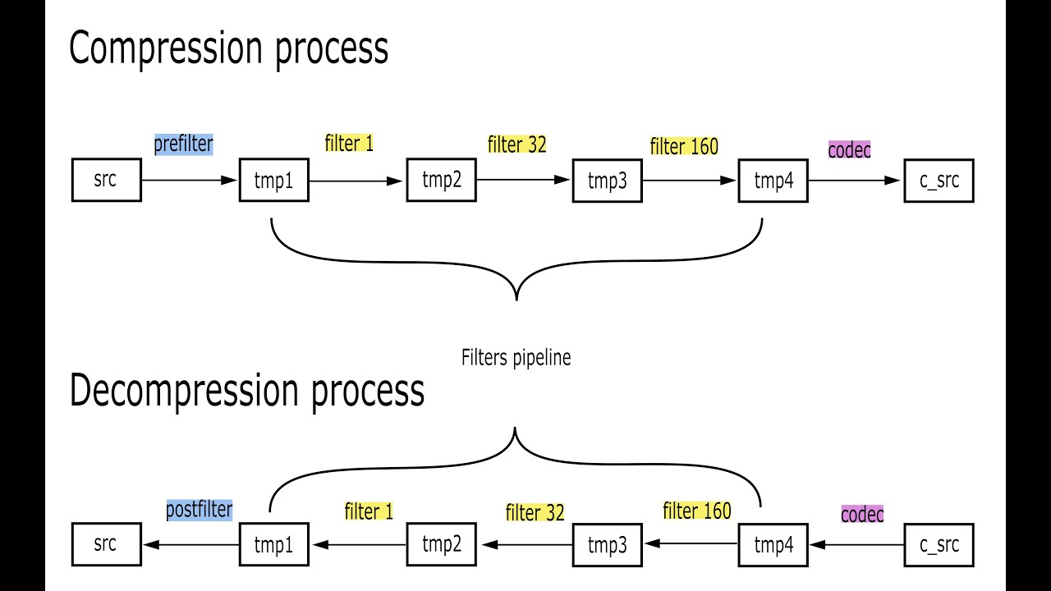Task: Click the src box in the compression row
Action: pos(106,181)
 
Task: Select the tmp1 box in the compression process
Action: pos(273,181)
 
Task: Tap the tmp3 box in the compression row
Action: pos(607,181)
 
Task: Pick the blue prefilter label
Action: pos(183,144)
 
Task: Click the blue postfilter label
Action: pos(199,510)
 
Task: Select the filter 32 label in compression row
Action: pos(516,144)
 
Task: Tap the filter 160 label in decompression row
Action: pos(696,511)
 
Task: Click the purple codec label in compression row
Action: pos(849,150)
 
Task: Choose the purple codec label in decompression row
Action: pos(862,515)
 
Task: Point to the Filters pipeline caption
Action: pos(516,358)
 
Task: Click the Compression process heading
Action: pos(228,48)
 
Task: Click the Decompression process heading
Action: pos(246,391)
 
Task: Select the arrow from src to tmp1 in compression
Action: pos(190,181)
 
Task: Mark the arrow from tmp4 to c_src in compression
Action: pos(855,181)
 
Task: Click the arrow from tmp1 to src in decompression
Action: pos(190,544)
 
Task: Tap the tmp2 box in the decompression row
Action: pos(441,544)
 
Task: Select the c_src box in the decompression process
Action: pos(939,545)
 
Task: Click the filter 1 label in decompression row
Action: pos(369,511)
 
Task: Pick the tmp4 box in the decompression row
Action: pos(773,545)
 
